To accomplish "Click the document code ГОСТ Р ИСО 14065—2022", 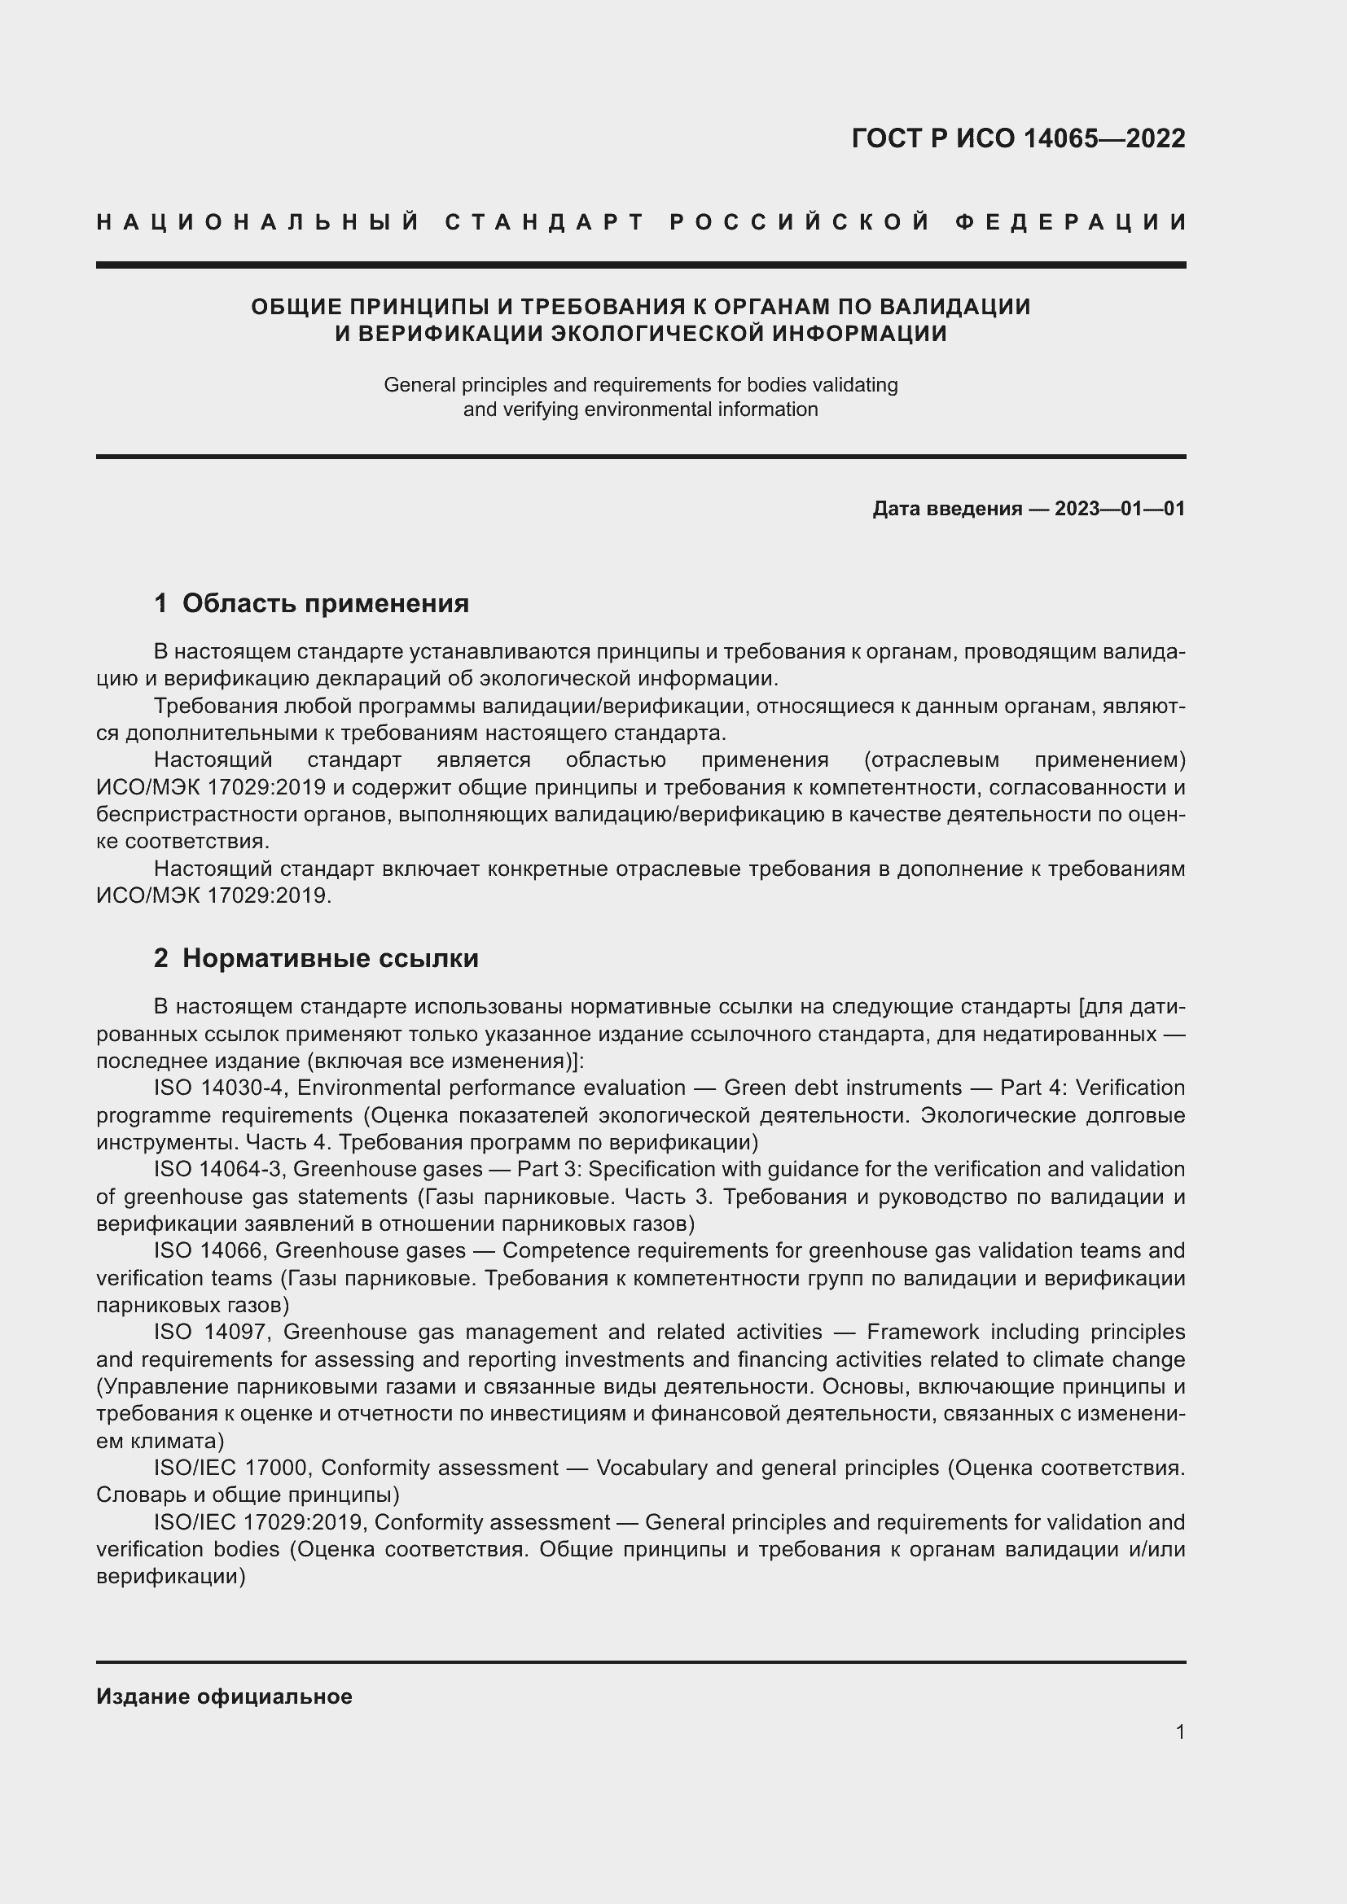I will point(1018,138).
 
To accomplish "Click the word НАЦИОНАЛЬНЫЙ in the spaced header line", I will point(258,222).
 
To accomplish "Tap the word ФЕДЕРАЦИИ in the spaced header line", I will point(1071,222).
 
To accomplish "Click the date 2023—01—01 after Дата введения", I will point(1120,509).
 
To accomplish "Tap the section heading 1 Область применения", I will point(311,603).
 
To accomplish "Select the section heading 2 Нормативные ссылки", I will point(316,958).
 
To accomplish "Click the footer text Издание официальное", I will point(224,1696).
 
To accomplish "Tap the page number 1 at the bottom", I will point(1180,1732).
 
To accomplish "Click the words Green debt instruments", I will point(842,1088).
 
